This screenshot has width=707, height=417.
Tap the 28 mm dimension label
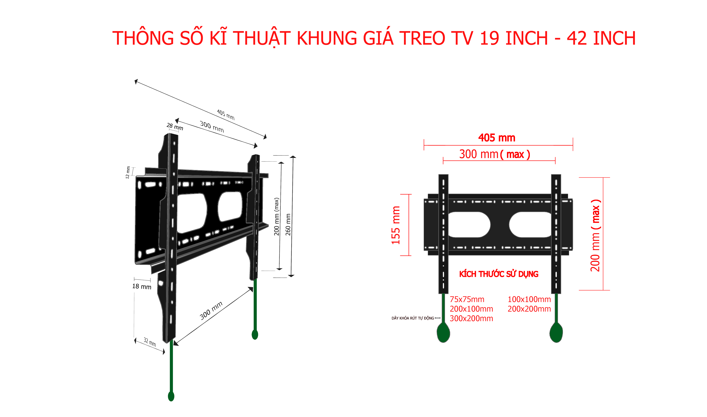pyautogui.click(x=175, y=127)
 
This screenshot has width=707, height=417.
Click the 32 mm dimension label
pyautogui.click(x=150, y=342)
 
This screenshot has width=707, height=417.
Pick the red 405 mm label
pyautogui.click(x=497, y=138)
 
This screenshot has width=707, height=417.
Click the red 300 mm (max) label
pyautogui.click(x=494, y=154)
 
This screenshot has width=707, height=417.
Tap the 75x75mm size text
pyautogui.click(x=467, y=300)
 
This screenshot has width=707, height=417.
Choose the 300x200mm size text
pyautogui.click(x=471, y=319)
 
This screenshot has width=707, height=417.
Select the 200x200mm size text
pyautogui.click(x=529, y=309)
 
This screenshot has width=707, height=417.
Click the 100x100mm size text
pyautogui.click(x=529, y=300)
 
